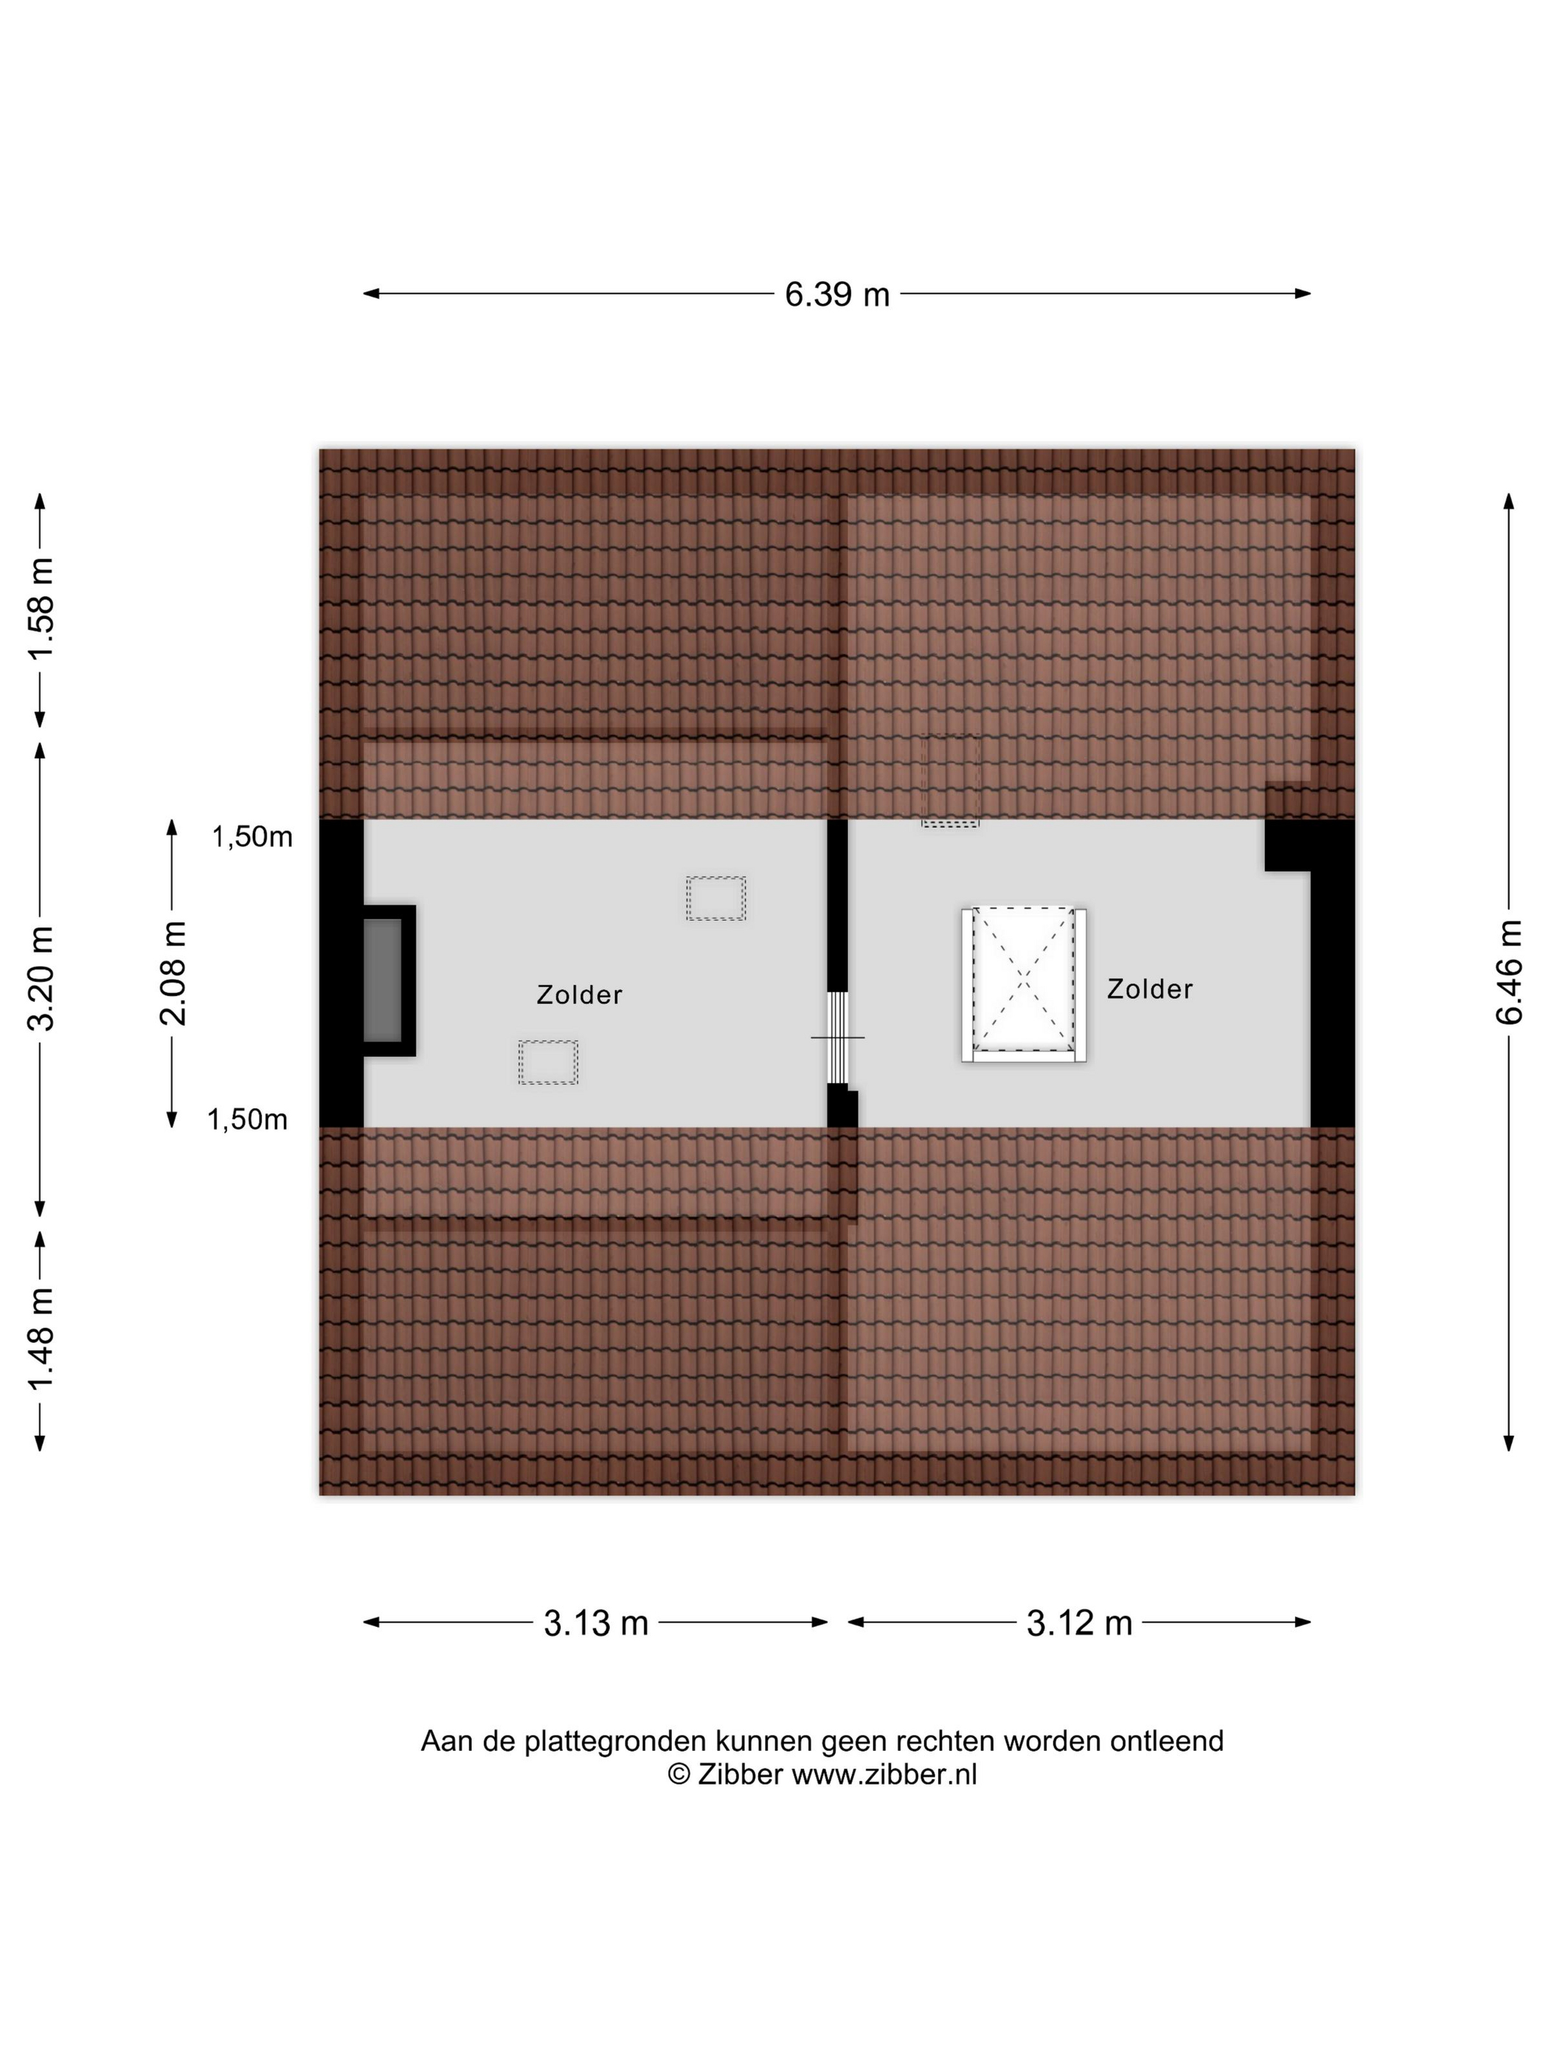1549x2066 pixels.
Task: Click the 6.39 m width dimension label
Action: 836,294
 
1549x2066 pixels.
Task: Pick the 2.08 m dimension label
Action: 173,973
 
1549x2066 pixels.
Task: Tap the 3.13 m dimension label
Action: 596,1623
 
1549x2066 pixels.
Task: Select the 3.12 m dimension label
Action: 1078,1623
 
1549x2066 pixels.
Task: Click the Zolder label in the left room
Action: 579,995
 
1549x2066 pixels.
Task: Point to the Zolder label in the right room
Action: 1149,989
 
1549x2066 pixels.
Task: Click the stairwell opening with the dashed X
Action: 1023,984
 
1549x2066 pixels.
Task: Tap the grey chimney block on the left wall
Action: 383,980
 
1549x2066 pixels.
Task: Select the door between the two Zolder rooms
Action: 837,1037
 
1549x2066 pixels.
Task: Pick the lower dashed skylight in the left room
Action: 548,1062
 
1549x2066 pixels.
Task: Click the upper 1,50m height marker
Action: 252,837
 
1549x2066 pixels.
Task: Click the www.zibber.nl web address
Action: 883,1774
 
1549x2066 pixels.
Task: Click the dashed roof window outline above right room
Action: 949,781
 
